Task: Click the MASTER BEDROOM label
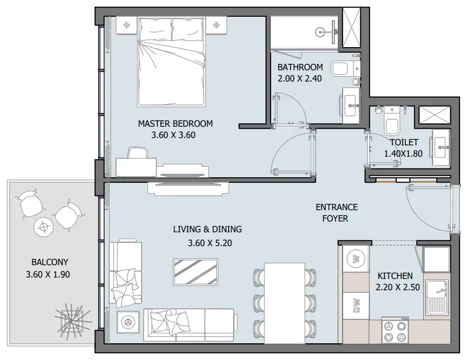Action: (x=175, y=123)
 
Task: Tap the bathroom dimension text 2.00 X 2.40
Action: (x=299, y=78)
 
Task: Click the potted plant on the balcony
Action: (x=72, y=322)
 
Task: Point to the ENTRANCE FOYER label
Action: (x=336, y=213)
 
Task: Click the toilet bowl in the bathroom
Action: (x=339, y=68)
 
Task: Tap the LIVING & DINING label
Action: (x=207, y=229)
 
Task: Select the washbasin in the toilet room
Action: (x=441, y=146)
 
